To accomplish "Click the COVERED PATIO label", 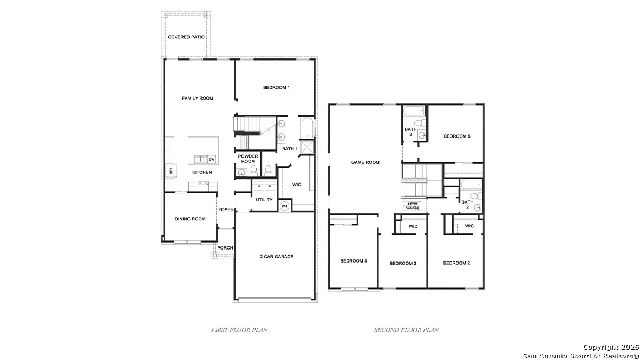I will coord(186,37).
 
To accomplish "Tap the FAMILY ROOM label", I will coord(197,99).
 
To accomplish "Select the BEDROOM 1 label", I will coord(276,88).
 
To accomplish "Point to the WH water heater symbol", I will coord(284,206).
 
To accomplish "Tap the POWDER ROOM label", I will coord(248,159).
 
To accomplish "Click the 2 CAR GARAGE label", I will coord(276,257).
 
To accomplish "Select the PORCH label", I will coord(225,248).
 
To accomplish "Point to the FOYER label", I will coord(226,210).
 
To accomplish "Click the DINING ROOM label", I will coord(190,219).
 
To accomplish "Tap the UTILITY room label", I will coord(264,200).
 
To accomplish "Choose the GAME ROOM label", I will coord(365,162).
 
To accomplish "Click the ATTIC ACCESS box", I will coord(412,206).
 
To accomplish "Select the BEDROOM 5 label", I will coord(456,136).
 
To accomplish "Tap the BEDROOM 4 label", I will coord(354,261).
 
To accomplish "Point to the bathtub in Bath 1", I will coord(306,128).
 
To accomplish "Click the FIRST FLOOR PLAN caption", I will coord(239,329).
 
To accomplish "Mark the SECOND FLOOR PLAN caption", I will coord(406,329).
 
